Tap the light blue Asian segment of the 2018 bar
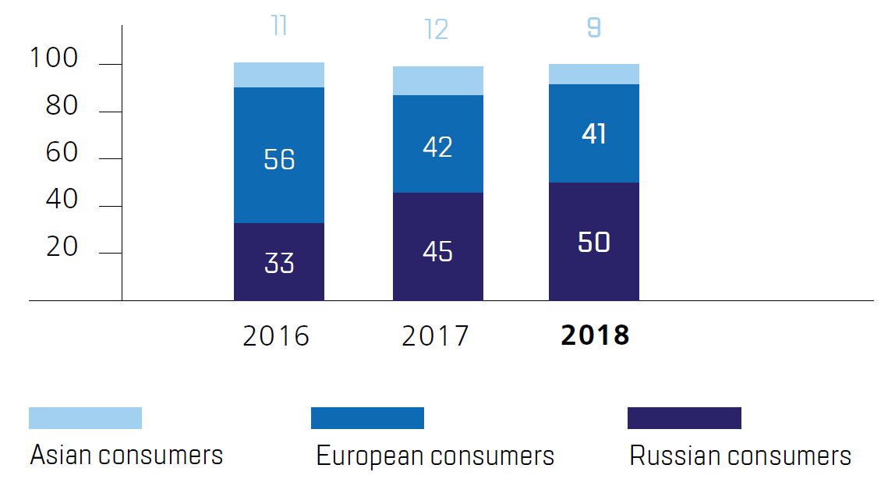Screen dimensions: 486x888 594,74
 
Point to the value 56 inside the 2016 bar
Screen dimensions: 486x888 279,159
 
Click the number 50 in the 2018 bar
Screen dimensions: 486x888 594,242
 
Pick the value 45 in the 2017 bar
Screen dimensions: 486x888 437,252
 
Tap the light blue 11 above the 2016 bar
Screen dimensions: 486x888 279,26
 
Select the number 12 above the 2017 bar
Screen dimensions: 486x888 437,30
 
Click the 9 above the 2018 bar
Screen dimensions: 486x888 594,29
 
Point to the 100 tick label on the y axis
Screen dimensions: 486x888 54,58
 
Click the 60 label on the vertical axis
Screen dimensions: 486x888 62,152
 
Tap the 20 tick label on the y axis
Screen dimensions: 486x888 62,247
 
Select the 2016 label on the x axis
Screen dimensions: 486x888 276,336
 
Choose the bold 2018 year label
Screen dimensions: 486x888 595,335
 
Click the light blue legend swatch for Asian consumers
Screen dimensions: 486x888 85,418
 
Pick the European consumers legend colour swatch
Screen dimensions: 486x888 367,418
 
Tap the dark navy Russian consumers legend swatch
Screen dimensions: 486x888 684,418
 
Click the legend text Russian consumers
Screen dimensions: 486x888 740,456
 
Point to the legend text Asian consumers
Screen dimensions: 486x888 126,455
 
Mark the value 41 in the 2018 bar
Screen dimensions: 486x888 594,134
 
